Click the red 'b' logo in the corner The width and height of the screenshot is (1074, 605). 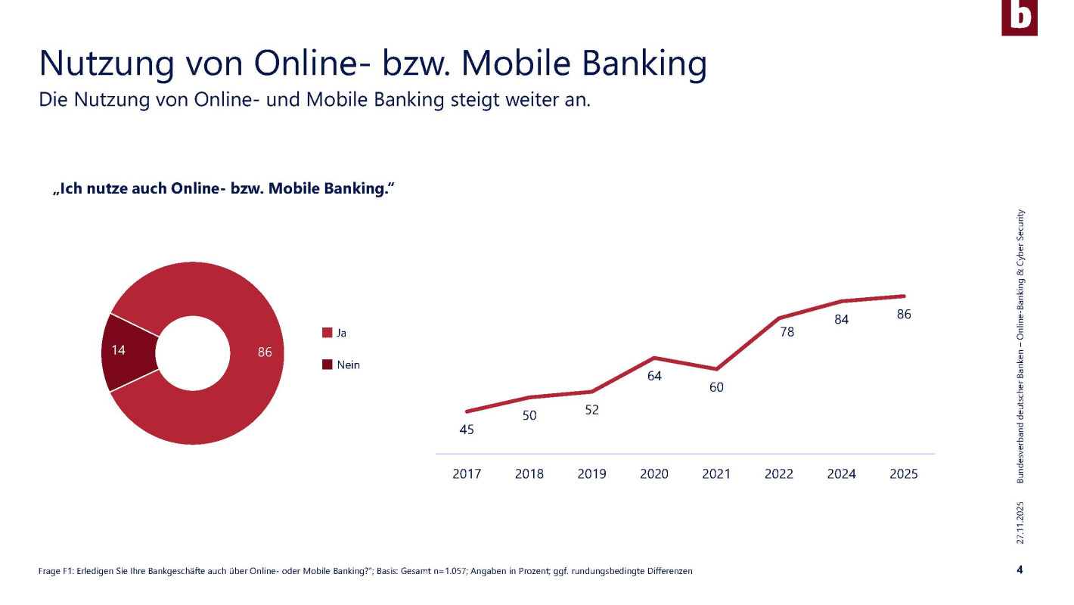click(x=1019, y=17)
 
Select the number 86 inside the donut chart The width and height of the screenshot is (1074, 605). click(x=265, y=352)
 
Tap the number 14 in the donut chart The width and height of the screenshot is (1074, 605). click(x=118, y=349)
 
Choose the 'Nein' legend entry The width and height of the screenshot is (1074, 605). click(x=341, y=365)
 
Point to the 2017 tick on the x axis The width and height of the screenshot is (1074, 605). click(x=467, y=474)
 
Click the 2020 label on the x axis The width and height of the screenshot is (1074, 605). click(x=654, y=474)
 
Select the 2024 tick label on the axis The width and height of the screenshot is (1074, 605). click(x=841, y=474)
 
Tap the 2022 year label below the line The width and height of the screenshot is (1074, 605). click(x=779, y=474)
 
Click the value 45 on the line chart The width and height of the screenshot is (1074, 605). click(x=467, y=430)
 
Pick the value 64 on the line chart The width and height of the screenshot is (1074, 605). click(x=654, y=376)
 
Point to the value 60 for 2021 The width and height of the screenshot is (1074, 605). click(x=716, y=387)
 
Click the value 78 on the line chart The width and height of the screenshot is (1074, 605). click(x=787, y=331)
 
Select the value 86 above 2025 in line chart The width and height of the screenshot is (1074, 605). click(x=904, y=315)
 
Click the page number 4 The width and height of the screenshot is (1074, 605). click(x=1020, y=569)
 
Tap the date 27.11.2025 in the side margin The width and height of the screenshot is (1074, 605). click(x=1020, y=522)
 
